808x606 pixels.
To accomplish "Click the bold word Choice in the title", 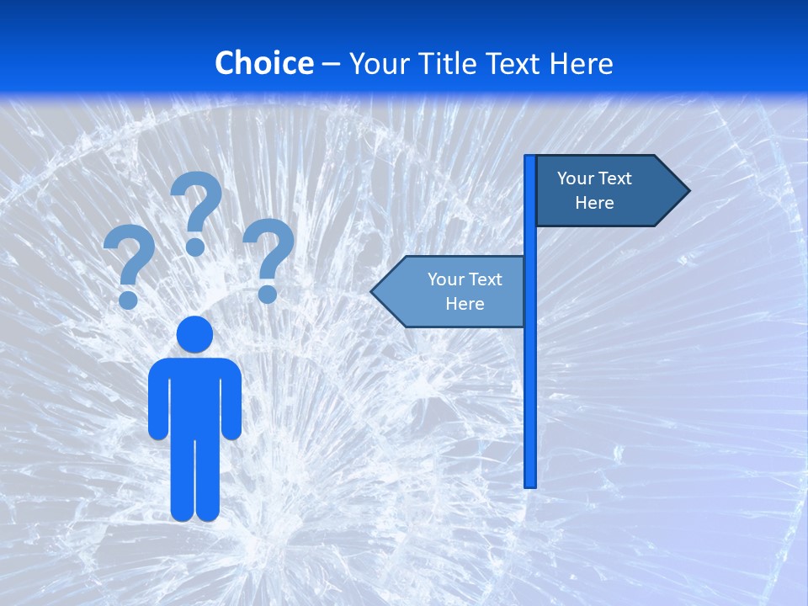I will tap(263, 63).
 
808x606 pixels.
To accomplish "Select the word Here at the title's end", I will tap(581, 63).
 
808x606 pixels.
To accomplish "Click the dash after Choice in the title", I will tap(331, 64).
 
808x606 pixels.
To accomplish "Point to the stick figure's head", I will tap(194, 334).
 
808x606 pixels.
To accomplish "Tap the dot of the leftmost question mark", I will tap(128, 299).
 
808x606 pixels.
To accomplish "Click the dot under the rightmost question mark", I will tap(268, 294).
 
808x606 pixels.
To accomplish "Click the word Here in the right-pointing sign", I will tap(594, 203).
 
